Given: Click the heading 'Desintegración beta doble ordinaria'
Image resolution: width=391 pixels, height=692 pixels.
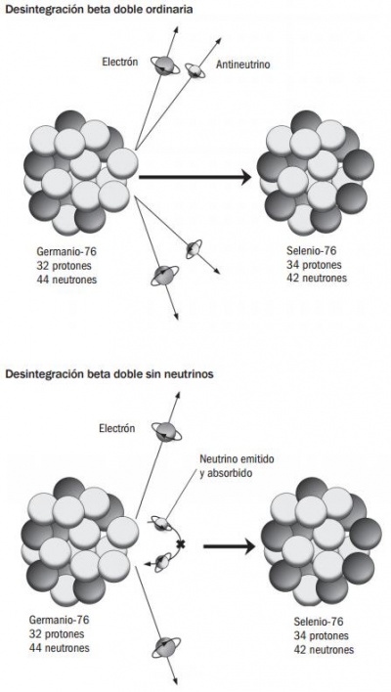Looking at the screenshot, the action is (99, 10).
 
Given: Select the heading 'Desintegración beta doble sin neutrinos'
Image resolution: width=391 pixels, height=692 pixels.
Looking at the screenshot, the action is (109, 374).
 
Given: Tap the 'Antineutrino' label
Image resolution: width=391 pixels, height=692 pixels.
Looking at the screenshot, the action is (242, 65).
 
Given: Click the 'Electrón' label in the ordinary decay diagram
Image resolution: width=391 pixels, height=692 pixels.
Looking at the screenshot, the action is (120, 62).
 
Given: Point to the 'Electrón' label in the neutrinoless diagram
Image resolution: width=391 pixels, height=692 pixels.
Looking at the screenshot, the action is (117, 428).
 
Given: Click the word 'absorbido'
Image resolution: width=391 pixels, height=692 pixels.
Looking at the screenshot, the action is (226, 474).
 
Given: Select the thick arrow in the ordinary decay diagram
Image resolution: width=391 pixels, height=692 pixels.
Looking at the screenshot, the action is (195, 178).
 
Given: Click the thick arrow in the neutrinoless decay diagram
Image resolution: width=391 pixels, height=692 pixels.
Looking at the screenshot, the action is (229, 546).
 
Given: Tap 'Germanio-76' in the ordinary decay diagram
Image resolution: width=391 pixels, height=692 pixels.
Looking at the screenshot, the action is (66, 252).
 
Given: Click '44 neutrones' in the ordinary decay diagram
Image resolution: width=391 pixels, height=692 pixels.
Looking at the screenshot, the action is (66, 280).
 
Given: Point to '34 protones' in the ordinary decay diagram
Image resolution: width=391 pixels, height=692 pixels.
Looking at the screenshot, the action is (314, 265).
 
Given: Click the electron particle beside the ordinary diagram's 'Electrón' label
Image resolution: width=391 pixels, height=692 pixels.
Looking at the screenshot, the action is (164, 65).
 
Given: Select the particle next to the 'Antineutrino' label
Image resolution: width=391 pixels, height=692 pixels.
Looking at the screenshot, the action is (195, 70).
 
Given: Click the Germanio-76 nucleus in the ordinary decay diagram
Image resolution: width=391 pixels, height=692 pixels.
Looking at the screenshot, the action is (81, 173).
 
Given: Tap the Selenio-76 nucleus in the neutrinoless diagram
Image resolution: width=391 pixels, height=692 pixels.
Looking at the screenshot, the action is (322, 541).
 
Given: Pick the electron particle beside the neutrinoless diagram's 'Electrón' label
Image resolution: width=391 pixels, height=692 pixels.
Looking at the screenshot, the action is (166, 431).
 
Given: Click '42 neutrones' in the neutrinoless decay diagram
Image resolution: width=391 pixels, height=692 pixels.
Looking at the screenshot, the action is (324, 650).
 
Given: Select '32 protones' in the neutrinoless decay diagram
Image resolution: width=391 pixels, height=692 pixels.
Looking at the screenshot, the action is (57, 634).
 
